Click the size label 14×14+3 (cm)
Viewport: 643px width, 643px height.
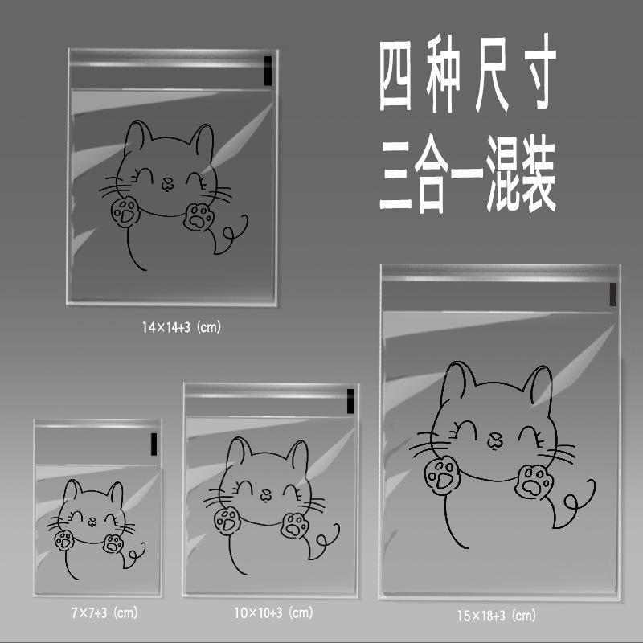click(182, 327)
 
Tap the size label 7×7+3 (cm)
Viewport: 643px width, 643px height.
click(104, 613)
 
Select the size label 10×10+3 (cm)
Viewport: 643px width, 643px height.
click(273, 613)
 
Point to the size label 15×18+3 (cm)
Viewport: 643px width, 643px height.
click(497, 616)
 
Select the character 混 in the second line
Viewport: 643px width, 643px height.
click(503, 174)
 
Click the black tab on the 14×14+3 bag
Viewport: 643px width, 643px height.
click(268, 71)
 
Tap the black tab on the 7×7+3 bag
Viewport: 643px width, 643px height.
click(154, 444)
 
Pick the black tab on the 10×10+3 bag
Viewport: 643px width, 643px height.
click(350, 401)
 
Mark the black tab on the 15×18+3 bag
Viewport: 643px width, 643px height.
click(612, 294)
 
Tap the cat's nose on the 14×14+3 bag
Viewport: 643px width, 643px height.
click(167, 184)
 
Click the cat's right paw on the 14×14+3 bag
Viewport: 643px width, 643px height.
click(199, 216)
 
